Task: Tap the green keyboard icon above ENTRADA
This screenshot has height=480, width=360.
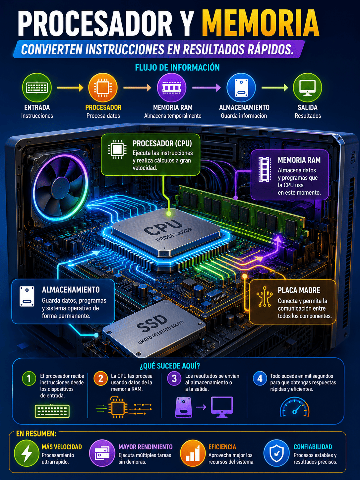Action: pos(37,88)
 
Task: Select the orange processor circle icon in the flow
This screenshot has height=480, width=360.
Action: pos(103,88)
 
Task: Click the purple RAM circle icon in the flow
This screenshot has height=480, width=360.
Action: pos(172,88)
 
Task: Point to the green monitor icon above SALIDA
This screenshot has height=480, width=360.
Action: pos(308,88)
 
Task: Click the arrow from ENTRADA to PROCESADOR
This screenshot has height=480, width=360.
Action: pos(70,88)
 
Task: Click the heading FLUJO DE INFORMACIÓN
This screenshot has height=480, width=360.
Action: pos(177,68)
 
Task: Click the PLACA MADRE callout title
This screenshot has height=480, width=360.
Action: pos(299,290)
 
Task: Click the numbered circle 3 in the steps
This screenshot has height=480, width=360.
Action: pos(174,379)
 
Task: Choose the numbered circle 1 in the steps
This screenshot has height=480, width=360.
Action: pos(29,379)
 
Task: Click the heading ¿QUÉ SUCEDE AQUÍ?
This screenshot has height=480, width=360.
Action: pos(170,366)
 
